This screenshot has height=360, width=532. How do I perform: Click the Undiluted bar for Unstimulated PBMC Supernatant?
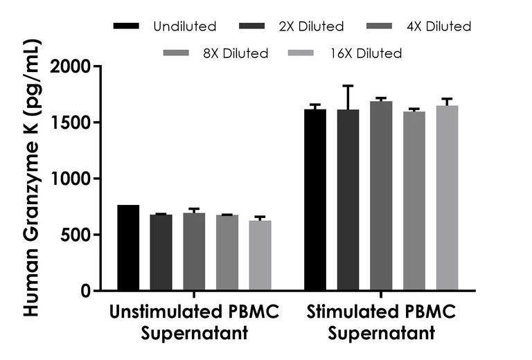128,247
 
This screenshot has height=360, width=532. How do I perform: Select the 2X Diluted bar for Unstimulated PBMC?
161,252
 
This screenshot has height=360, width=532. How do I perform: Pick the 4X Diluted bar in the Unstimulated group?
194,251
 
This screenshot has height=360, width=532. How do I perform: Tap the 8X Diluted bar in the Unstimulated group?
227,253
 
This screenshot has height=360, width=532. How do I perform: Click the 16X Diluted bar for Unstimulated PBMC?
260,255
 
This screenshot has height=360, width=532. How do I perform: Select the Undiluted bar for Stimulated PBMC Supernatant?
315,199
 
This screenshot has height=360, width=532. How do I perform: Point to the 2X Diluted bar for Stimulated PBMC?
348,199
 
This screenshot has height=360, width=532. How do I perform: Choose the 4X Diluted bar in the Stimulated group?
381,196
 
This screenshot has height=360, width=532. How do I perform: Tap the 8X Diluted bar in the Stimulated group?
414,201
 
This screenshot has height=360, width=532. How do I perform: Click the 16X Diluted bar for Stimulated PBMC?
447,197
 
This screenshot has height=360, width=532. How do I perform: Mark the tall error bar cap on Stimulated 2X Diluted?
348,86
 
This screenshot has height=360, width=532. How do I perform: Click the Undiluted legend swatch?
126,26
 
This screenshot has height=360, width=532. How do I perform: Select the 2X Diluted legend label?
312,26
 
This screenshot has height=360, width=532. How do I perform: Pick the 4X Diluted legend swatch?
380,26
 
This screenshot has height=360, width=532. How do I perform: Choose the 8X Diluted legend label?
236,53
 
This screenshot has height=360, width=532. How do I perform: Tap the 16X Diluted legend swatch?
301,53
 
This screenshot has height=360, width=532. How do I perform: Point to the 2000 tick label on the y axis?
71,66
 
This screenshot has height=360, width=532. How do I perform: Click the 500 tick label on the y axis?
76,235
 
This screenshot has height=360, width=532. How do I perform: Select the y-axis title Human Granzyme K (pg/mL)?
33,179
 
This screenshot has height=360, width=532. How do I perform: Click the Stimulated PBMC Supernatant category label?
381,323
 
